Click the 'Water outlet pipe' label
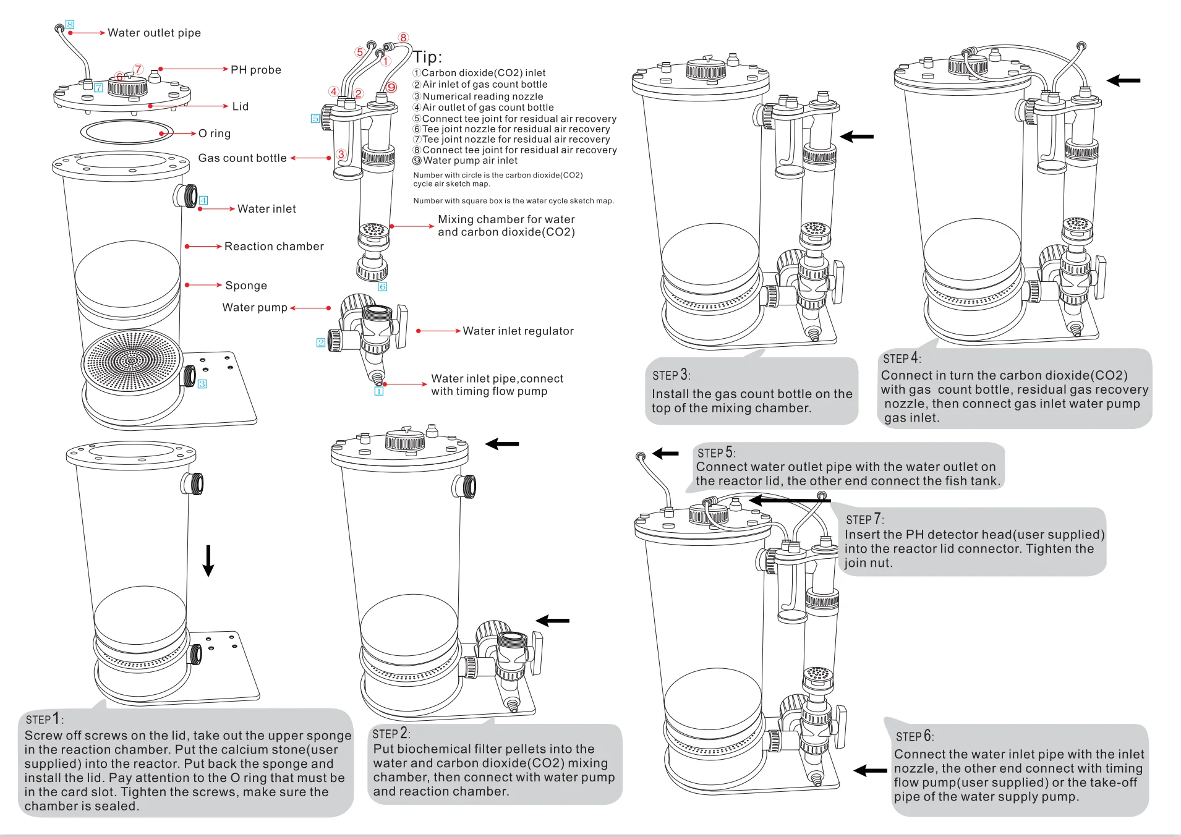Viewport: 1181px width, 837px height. click(154, 33)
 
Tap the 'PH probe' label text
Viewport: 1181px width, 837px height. click(255, 70)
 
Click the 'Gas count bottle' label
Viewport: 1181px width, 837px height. click(242, 158)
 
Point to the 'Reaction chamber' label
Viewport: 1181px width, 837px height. click(274, 247)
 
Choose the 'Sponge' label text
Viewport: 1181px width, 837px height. click(246, 286)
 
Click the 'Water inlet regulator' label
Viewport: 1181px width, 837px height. click(518, 331)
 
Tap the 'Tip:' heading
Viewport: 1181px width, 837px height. click(427, 57)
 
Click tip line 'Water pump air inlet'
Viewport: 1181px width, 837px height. click(470, 161)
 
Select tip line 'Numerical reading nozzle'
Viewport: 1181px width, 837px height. click(482, 96)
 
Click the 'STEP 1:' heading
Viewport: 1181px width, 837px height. click(44, 719)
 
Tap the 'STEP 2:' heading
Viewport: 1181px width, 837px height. click(390, 734)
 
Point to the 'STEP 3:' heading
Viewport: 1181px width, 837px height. click(671, 375)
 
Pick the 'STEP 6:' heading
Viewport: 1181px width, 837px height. click(915, 736)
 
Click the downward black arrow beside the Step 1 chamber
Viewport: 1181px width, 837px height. click(208, 561)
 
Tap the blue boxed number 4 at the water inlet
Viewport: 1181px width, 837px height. click(203, 200)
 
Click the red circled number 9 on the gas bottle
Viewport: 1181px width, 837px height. click(391, 88)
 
